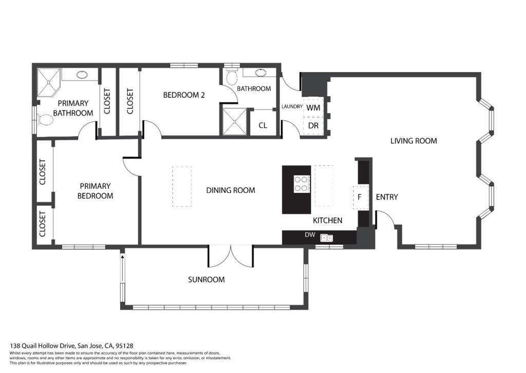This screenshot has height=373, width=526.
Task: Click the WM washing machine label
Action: click(313, 108)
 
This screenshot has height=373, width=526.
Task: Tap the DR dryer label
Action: click(313, 126)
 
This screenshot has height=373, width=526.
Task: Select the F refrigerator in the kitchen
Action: click(360, 197)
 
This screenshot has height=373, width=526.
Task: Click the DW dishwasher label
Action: click(310, 235)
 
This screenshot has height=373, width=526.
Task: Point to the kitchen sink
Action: click(327, 238)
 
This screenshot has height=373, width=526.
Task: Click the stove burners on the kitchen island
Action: click(302, 184)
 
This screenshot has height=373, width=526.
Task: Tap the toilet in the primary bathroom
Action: click(45, 120)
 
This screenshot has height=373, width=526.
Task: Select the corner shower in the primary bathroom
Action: click(48, 82)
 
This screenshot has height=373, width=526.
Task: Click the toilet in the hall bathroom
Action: click(232, 76)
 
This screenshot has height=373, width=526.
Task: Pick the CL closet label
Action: click(262, 126)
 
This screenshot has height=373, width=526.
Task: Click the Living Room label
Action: click(414, 141)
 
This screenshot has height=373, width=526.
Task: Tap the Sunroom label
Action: click(206, 279)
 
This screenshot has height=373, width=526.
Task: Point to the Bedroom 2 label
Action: click(184, 95)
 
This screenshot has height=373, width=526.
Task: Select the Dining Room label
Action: click(231, 190)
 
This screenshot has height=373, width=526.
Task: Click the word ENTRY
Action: click(387, 197)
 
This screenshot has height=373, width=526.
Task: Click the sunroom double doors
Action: click(231, 257)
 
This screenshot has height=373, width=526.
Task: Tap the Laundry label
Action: click(292, 106)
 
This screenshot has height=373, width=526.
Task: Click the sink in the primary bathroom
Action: click(82, 75)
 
